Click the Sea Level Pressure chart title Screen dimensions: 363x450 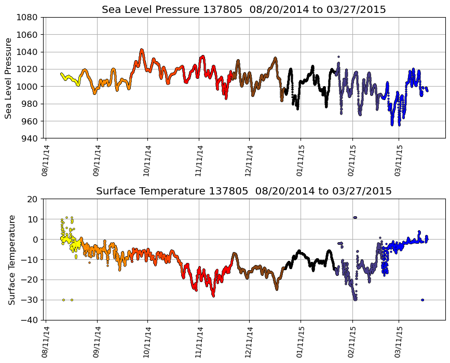(x=243, y=10)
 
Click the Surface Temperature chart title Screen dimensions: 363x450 (x=243, y=191)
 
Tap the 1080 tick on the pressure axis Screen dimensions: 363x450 (x=26, y=17)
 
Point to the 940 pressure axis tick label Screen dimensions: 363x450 (x=29, y=138)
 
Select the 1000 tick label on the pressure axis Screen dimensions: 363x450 (x=26, y=87)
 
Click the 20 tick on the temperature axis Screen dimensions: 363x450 (x=33, y=199)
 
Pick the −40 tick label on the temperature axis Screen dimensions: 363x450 (x=29, y=320)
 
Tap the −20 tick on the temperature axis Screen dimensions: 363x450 (x=29, y=280)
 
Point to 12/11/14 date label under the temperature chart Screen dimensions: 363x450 (x=249, y=342)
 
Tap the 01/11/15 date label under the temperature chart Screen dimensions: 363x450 (x=300, y=342)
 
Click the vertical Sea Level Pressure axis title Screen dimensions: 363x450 (x=8, y=78)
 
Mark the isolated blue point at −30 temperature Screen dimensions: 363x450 (x=422, y=300)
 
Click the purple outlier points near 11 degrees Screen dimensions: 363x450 (x=355, y=217)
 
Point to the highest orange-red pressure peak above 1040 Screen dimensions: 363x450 (x=142, y=50)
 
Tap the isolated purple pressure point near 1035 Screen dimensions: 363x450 (x=338, y=57)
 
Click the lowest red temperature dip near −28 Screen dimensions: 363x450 (x=213, y=296)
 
